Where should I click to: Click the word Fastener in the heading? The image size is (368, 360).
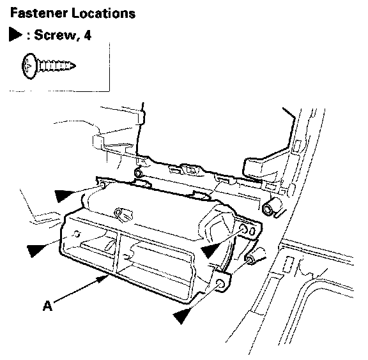click(x=39, y=13)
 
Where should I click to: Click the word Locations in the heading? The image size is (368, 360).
click(x=103, y=13)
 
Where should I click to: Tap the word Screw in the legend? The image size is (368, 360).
click(x=55, y=35)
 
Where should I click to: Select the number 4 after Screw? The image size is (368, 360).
click(x=88, y=35)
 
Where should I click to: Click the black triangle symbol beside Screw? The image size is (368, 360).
click(x=15, y=34)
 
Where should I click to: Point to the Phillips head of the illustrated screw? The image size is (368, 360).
click(x=29, y=66)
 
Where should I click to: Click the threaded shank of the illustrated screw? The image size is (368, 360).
click(x=57, y=66)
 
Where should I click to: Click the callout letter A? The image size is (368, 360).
click(x=48, y=306)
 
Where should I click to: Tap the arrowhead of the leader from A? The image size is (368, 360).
click(x=103, y=278)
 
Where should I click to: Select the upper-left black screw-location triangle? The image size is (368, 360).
click(x=63, y=195)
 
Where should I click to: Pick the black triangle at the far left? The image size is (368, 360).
click(x=36, y=250)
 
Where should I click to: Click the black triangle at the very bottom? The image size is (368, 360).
click(x=181, y=315)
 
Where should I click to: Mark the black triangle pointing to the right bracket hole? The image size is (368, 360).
click(x=210, y=250)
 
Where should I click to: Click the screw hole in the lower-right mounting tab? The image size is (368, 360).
click(x=220, y=283)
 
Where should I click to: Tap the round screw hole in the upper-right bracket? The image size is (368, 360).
click(x=243, y=229)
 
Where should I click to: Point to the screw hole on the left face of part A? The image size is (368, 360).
click(x=77, y=234)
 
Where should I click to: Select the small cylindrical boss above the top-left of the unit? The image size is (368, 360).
click(x=139, y=173)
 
